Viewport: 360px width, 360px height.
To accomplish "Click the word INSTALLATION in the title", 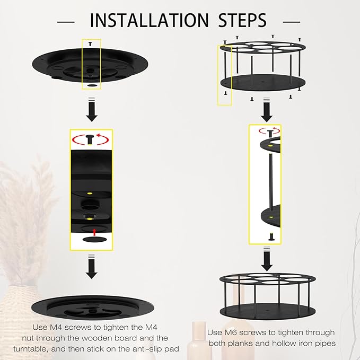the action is coord(149,21).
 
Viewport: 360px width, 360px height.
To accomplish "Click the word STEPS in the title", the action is coord(242,21).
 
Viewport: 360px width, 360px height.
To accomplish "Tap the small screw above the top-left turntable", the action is coord(90,43).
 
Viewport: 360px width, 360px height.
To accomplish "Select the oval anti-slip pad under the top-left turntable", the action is coord(92,85).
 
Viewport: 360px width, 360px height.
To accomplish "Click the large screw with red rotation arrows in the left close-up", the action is coord(90,140).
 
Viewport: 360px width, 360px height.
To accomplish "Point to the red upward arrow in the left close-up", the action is coord(94,232).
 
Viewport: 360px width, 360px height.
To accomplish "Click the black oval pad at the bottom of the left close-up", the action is coord(94,240).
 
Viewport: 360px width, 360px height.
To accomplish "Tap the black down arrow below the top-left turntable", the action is coord(92,110).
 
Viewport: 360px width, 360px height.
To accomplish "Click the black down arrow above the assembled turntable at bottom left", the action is coord(92,267).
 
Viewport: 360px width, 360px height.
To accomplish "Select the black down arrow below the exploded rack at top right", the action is coord(267,110).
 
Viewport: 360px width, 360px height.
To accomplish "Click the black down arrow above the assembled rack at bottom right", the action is coord(267,259).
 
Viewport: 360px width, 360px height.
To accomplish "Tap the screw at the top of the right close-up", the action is coord(270,133).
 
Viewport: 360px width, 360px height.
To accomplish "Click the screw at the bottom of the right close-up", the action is coord(271,236).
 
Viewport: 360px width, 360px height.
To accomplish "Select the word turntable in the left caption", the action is coord(30,349).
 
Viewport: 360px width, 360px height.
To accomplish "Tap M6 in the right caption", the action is coord(230,332).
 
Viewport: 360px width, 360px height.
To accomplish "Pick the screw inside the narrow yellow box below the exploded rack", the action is coord(225,93).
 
